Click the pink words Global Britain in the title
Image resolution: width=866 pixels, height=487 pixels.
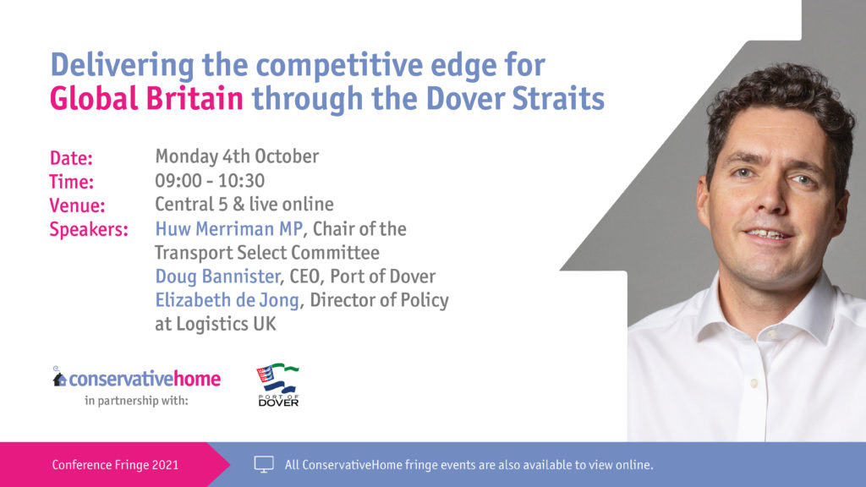pos(146,99)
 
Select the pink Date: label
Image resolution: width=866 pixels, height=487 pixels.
pos(71,158)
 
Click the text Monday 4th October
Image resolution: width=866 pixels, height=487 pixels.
pos(237,156)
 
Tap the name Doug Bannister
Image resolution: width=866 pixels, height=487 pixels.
pos(216,276)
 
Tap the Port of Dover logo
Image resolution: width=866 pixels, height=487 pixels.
pos(278,386)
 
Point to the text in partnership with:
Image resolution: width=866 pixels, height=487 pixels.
pos(136,401)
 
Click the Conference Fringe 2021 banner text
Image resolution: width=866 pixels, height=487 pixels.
pos(115,465)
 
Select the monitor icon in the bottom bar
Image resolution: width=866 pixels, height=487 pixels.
pos(264,464)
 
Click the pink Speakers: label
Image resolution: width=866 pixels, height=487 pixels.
pos(89,230)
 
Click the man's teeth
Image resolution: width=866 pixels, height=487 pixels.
pos(765,233)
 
